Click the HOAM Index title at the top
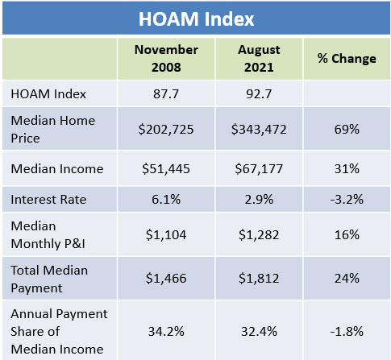[x=196, y=19]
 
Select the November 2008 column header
[x=166, y=59]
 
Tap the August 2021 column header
[x=259, y=59]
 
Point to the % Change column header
[x=347, y=58]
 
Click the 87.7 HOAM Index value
[x=166, y=94]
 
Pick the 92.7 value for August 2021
[x=259, y=94]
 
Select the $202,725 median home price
[x=166, y=130]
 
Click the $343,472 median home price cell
[x=259, y=130]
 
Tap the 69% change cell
[x=347, y=130]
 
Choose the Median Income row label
[x=57, y=169]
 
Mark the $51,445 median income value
[x=166, y=169]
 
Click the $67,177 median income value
[x=259, y=169]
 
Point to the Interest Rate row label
[x=48, y=200]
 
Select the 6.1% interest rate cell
[x=166, y=200]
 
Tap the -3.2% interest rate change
[x=347, y=200]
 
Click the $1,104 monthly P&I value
[x=166, y=235]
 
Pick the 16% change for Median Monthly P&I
[x=347, y=235]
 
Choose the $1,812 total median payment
[x=259, y=279]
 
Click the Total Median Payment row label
[x=49, y=279]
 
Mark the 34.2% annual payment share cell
[x=166, y=332]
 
